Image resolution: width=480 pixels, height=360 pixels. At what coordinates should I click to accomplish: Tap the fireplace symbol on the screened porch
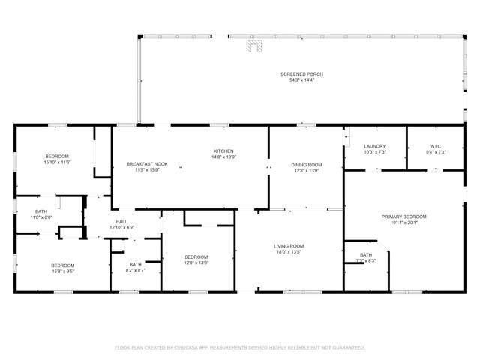point(255,47)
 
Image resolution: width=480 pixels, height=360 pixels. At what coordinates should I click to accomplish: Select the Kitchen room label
point(223,151)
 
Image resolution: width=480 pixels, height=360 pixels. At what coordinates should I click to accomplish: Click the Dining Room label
point(307,164)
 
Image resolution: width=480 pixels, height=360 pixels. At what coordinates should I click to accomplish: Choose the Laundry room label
point(374,146)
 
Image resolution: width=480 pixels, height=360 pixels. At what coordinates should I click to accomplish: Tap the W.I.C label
point(436,146)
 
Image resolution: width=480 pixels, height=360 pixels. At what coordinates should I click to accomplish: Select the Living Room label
point(288,246)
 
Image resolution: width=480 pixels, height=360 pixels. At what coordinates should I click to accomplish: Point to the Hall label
point(121,221)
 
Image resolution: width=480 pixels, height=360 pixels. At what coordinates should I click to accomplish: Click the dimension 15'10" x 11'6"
point(56,162)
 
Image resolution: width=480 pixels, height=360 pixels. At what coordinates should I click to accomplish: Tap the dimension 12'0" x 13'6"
point(196,262)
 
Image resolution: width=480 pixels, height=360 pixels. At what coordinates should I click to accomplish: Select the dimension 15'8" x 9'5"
point(62,271)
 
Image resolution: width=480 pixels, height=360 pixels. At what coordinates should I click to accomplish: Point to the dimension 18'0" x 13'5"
point(288,253)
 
